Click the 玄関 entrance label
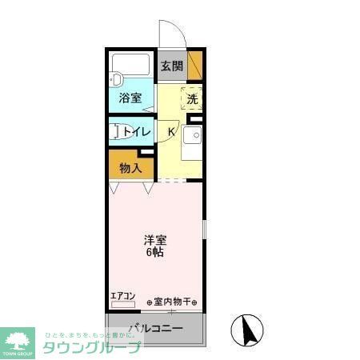pyautogui.click(x=170, y=66)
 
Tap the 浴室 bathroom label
pyautogui.click(x=130, y=98)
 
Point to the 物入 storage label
pyautogui.click(x=130, y=168)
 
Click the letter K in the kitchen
pyautogui.click(x=171, y=132)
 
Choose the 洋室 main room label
pyautogui.click(x=154, y=240)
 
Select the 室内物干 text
pyautogui.click(x=174, y=302)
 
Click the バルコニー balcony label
pyautogui.click(x=157, y=329)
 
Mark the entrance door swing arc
pyautogui.click(x=170, y=34)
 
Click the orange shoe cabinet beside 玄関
pyautogui.click(x=195, y=64)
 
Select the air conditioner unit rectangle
pyautogui.click(x=123, y=304)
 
